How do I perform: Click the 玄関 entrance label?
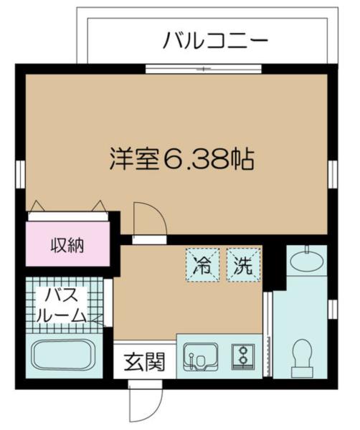tap(143, 362)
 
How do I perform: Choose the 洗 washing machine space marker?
tap(241, 267)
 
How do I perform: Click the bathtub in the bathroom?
tap(65, 355)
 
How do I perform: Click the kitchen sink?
tap(200, 356)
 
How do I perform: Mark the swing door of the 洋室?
tap(149, 219)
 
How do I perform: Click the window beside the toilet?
tap(333, 308)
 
